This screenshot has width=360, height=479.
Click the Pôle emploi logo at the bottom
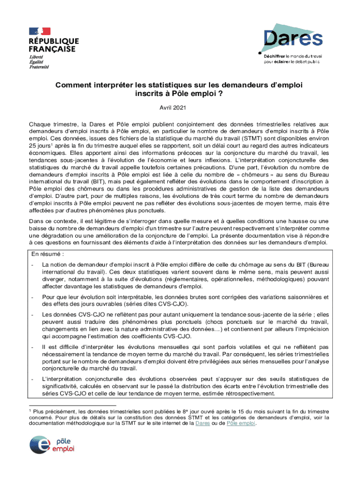coord(52,445)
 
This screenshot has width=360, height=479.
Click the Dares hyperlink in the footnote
coord(202,423)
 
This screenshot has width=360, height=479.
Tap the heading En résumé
coord(47,254)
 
